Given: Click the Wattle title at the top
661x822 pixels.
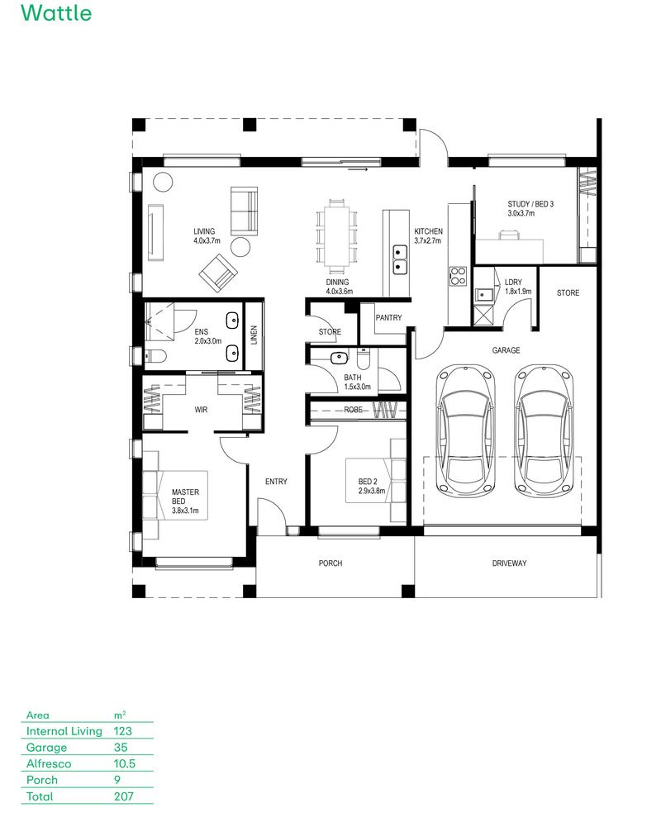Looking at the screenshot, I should (56, 14).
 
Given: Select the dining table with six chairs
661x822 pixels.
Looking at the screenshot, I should (336, 235).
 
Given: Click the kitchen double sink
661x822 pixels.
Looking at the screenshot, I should (400, 258).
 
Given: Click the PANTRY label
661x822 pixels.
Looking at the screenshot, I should (388, 317).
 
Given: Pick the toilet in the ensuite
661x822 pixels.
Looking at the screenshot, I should (155, 356).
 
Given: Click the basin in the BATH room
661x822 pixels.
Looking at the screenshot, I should (337, 359).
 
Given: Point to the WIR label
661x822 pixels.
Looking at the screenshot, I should (201, 409).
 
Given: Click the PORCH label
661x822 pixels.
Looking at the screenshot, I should (330, 563).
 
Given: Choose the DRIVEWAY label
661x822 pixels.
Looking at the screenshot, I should (509, 563).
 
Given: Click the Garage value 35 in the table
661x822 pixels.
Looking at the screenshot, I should (121, 747).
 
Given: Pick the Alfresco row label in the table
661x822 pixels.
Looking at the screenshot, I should (49, 763).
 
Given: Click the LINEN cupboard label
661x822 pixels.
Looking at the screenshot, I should (254, 334).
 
